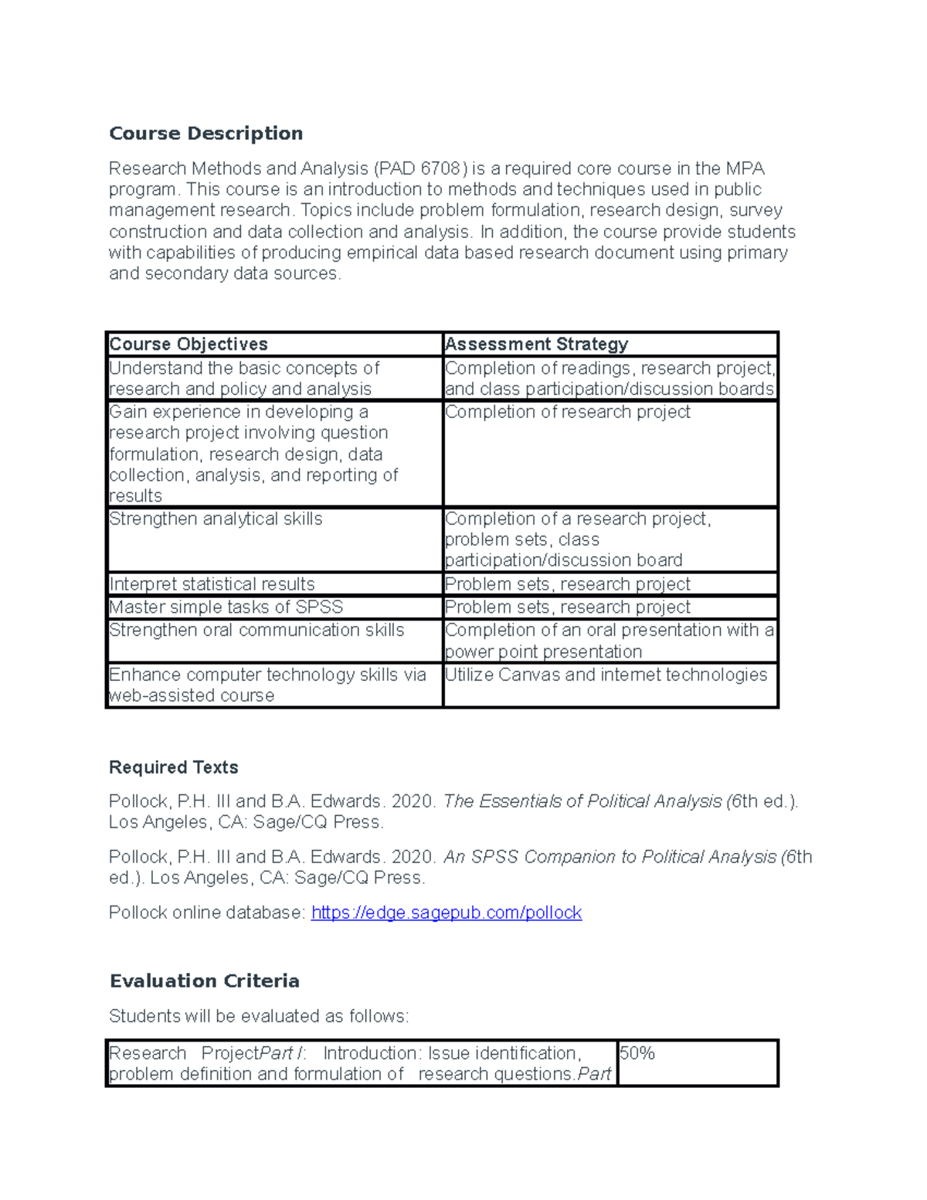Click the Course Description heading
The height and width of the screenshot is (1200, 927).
pyautogui.click(x=205, y=134)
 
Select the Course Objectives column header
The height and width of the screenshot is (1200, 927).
pyautogui.click(x=188, y=344)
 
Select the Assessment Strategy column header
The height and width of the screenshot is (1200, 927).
pyautogui.click(x=536, y=344)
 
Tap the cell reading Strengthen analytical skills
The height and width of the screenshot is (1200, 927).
pyautogui.click(x=216, y=519)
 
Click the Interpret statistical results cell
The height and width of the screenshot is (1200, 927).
pyautogui.click(x=212, y=584)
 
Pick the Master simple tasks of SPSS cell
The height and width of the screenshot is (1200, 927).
pyautogui.click(x=226, y=607)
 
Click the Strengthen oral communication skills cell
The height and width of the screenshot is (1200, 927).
pyautogui.click(x=256, y=631)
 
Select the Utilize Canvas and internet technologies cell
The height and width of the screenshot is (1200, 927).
pyautogui.click(x=606, y=675)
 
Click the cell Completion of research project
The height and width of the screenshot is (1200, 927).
pyautogui.click(x=567, y=413)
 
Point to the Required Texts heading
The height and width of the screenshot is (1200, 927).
pyautogui.click(x=173, y=767)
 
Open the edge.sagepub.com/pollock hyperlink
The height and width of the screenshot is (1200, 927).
pyautogui.click(x=446, y=913)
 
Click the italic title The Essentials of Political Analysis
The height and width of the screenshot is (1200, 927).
pyautogui.click(x=582, y=801)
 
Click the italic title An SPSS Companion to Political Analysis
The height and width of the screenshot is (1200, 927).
pyautogui.click(x=610, y=857)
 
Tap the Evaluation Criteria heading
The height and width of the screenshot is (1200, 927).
pyautogui.click(x=204, y=981)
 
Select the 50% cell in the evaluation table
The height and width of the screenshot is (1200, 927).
pyautogui.click(x=637, y=1054)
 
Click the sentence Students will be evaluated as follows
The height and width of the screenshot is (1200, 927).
pyautogui.click(x=258, y=1016)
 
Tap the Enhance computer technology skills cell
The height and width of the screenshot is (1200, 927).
pyautogui.click(x=267, y=685)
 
